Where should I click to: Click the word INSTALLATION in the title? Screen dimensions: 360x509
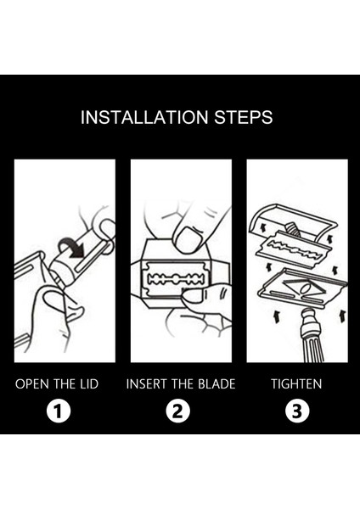144,117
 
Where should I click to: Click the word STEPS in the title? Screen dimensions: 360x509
244,117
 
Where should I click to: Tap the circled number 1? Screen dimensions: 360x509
59,411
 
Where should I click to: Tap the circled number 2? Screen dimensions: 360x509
177,411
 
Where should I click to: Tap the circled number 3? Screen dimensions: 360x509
297,411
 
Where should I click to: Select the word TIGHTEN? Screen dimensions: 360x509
296,384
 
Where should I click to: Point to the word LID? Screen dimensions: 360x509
88,384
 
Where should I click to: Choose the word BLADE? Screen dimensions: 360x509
217,384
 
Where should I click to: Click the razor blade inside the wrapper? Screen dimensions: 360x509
177,279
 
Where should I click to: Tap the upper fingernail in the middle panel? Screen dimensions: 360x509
188,239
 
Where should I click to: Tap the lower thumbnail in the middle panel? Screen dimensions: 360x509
194,296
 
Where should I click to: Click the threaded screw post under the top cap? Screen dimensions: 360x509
291,228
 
